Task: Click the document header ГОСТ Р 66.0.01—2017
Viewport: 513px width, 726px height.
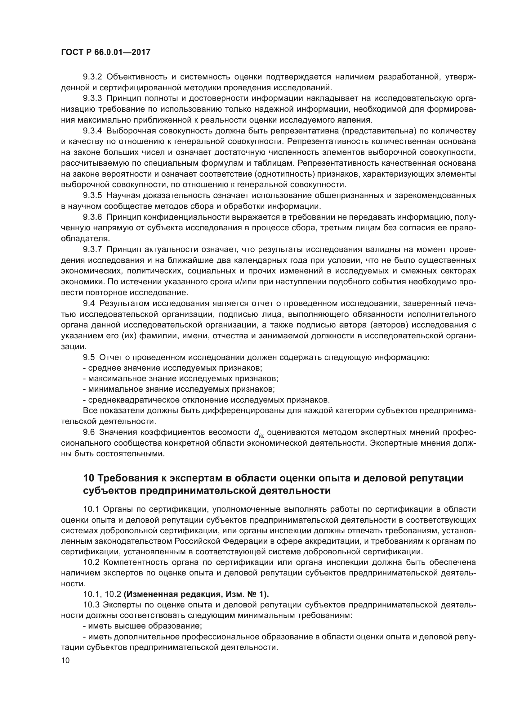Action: pos(105,52)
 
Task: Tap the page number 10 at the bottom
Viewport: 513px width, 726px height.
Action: pos(65,661)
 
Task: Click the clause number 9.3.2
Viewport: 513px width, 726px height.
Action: pos(92,77)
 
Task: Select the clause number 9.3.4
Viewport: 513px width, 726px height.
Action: pos(92,131)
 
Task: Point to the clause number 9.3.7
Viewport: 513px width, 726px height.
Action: pos(92,250)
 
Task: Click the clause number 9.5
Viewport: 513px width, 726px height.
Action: pos(89,358)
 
